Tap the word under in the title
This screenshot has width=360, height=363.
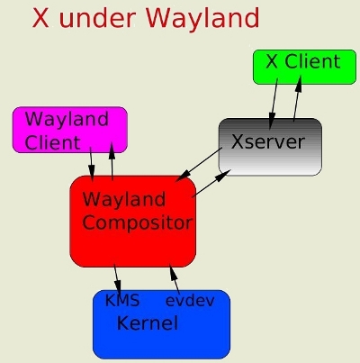(x=98, y=18)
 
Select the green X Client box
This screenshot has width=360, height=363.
(x=304, y=67)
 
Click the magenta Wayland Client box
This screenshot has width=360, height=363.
(x=70, y=130)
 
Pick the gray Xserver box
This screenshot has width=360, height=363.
(x=270, y=147)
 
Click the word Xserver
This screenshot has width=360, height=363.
(x=268, y=141)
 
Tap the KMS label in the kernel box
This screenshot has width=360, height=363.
(x=122, y=300)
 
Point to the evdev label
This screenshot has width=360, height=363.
(x=190, y=301)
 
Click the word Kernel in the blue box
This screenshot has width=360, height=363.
(x=148, y=322)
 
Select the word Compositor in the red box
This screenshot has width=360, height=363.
(x=137, y=222)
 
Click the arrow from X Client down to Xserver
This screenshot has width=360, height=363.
(x=274, y=104)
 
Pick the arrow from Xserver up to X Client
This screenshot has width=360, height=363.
(x=297, y=99)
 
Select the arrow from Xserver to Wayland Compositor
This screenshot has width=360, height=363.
(x=199, y=164)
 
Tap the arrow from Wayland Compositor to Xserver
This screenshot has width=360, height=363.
(x=211, y=184)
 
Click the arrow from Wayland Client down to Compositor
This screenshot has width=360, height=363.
(x=91, y=164)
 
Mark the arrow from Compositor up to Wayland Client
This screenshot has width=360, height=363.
(x=112, y=161)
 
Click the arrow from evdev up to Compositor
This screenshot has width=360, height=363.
(x=175, y=280)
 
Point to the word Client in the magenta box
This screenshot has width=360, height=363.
(x=53, y=142)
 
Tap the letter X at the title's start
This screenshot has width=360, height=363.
(x=40, y=18)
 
